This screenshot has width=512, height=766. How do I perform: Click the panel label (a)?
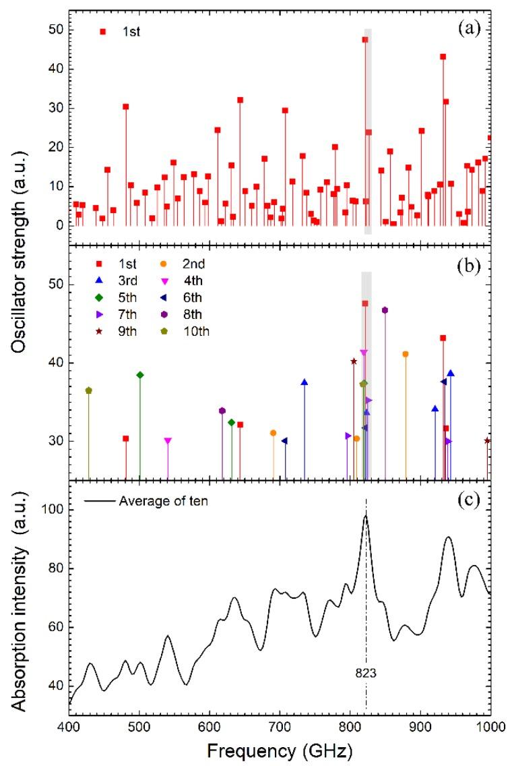(x=470, y=28)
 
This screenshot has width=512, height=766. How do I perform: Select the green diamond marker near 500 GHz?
(x=140, y=375)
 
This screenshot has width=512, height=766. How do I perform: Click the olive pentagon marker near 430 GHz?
(x=88, y=390)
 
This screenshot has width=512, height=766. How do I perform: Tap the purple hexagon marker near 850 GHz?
(x=385, y=310)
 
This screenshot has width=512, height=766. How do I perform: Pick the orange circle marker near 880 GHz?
(x=406, y=354)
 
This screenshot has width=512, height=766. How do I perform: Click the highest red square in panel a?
(x=365, y=40)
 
